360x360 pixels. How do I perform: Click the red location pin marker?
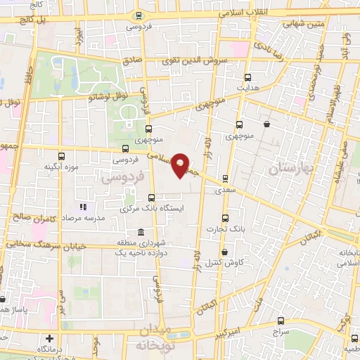tap(181, 165)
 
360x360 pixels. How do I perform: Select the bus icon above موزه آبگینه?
tap(62, 157)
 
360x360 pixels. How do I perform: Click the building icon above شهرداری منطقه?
tap(141, 233)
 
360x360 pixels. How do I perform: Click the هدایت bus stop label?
tap(247, 89)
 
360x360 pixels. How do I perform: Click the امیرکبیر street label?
tap(245, 330)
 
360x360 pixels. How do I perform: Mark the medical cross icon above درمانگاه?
tap(49, 338)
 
